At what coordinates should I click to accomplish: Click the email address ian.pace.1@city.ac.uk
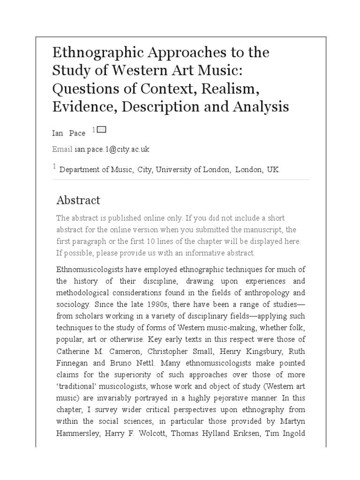[112, 149]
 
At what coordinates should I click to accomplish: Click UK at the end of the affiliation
[273, 170]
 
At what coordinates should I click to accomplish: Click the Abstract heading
[78, 200]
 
